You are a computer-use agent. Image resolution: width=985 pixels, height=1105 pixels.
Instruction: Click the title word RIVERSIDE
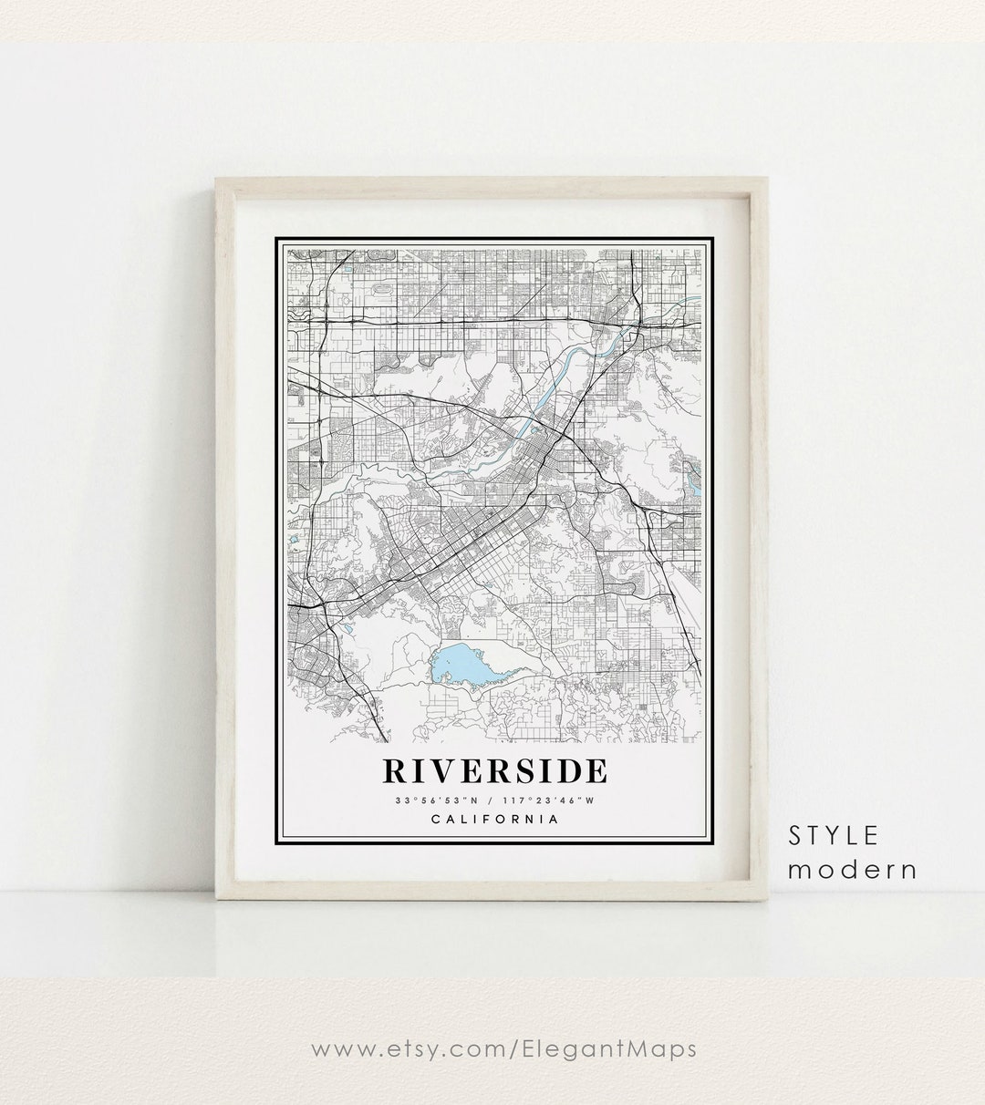(494, 770)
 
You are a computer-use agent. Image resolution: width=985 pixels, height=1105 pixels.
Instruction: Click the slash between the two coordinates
(493, 800)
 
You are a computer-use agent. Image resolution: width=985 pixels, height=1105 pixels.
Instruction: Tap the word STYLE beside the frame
(834, 834)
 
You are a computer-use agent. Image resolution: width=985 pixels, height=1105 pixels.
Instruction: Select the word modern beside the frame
(852, 869)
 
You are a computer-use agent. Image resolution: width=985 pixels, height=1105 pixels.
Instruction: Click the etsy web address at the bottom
(504, 1049)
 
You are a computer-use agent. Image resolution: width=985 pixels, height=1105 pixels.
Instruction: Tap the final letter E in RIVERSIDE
(595, 770)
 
